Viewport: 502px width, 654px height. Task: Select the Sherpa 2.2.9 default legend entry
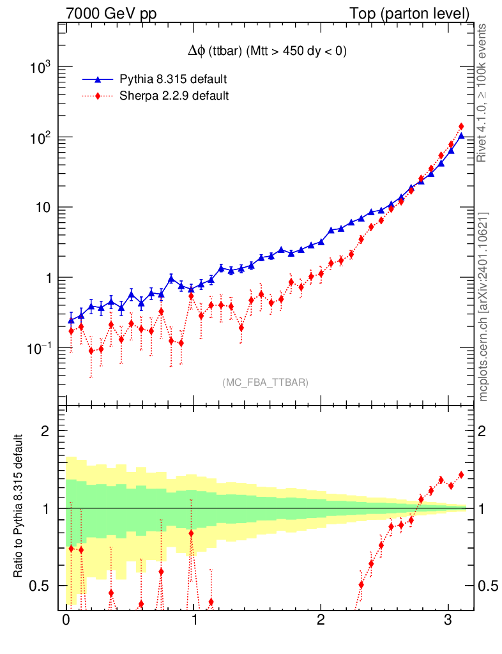coord(174,96)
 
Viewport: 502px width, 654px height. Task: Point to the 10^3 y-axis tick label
coord(39,68)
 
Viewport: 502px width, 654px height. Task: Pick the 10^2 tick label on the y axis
coord(39,138)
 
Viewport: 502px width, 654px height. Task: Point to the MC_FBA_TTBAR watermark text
coord(266,383)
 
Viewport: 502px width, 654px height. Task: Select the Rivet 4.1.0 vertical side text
coord(483,93)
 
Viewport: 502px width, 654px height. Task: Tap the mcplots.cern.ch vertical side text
coord(483,306)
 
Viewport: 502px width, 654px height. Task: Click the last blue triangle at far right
coord(461,135)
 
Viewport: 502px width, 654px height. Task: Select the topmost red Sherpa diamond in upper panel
coord(461,126)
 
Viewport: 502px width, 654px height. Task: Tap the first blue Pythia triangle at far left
coord(71,319)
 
